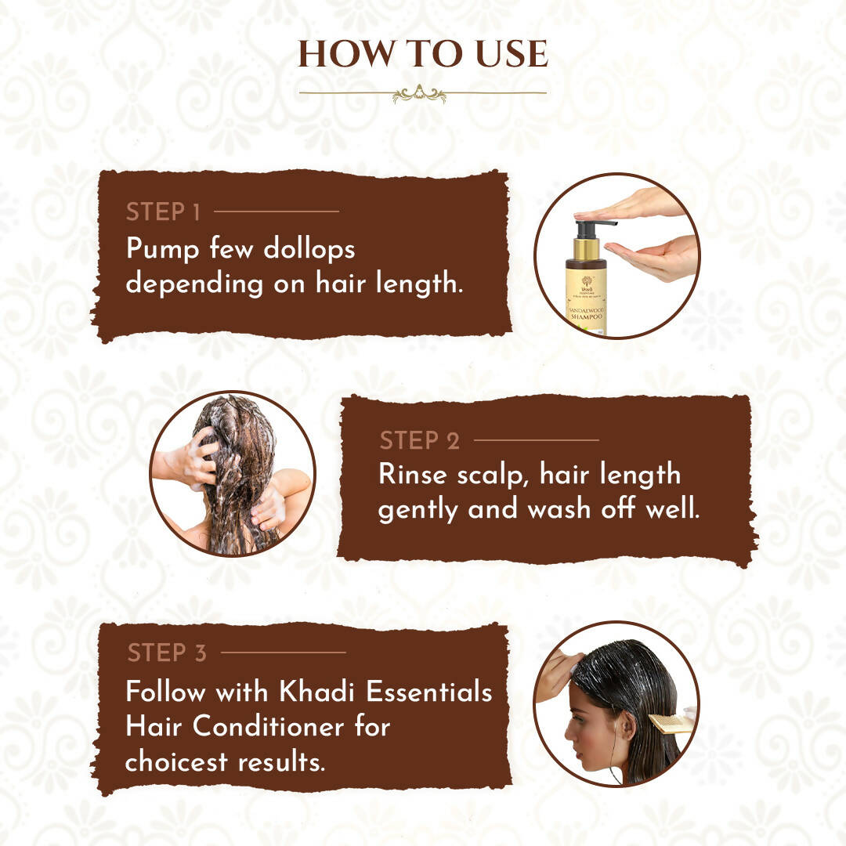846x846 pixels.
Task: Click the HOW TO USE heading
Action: click(422, 53)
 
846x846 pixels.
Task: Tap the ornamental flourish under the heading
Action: click(419, 94)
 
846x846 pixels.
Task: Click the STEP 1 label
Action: click(163, 212)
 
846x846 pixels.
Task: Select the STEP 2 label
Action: click(419, 441)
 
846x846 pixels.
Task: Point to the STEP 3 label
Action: click(167, 653)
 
